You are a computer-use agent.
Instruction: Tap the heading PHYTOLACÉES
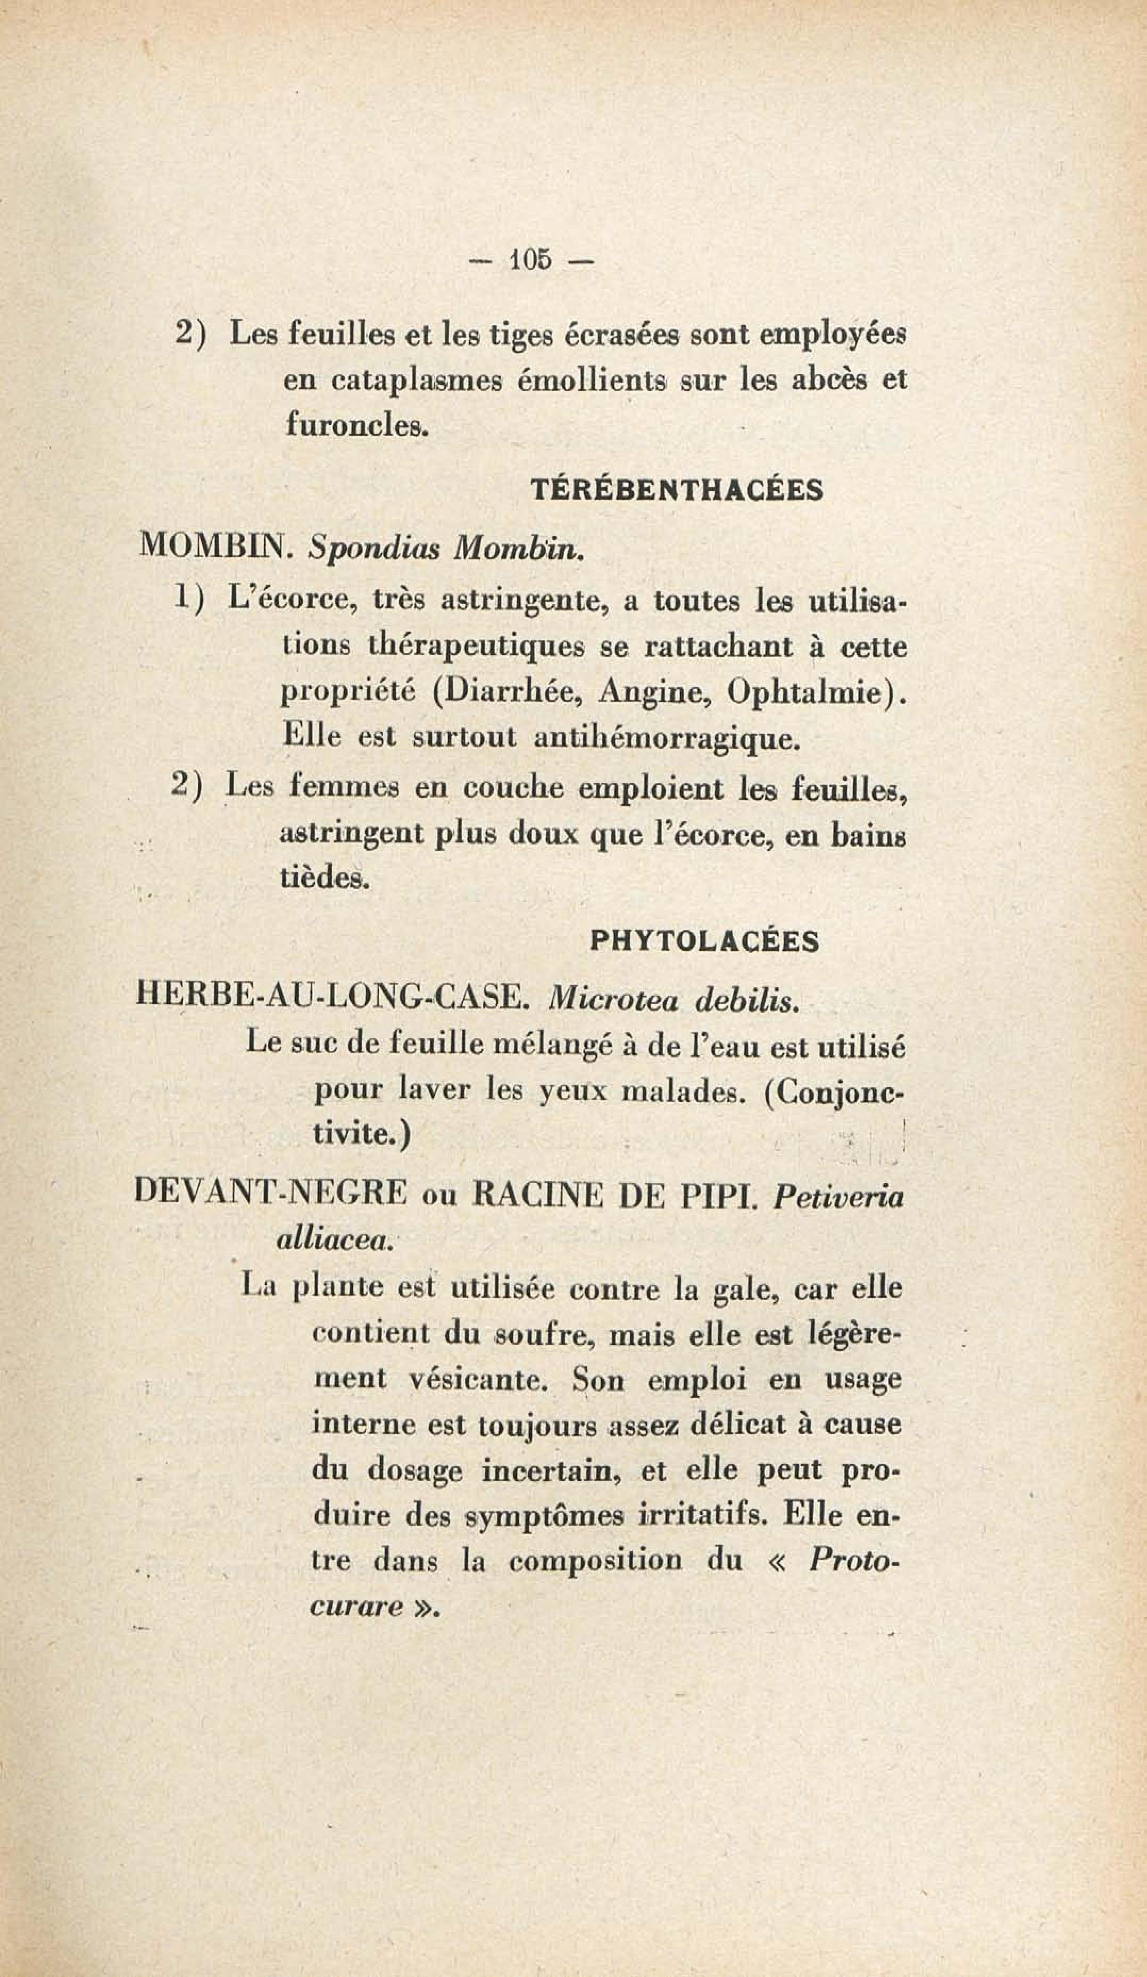(704, 941)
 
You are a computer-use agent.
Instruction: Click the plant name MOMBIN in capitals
(213, 546)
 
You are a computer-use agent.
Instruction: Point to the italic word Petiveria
(838, 1197)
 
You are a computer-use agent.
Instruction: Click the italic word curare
(356, 1607)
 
